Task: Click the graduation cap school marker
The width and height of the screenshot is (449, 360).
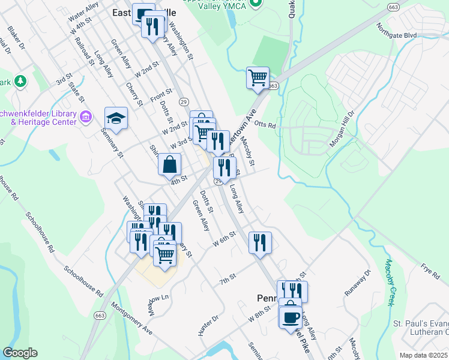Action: tap(116, 118)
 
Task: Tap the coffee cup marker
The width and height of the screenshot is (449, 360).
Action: tap(291, 316)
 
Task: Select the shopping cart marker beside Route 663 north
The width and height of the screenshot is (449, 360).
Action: tap(258, 77)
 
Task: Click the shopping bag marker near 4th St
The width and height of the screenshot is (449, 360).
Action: tap(170, 164)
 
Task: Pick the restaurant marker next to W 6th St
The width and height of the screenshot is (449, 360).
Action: tap(260, 242)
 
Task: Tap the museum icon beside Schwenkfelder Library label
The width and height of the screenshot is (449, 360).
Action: tap(85, 116)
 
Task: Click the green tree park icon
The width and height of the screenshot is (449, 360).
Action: tap(20, 80)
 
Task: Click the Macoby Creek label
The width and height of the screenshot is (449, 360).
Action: tap(391, 281)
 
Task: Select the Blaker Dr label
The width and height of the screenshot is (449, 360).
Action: tap(16, 37)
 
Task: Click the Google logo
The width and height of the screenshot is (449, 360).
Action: tap(20, 352)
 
